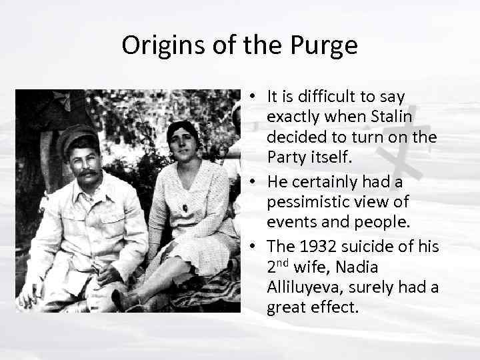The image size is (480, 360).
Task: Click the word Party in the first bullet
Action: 285,157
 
